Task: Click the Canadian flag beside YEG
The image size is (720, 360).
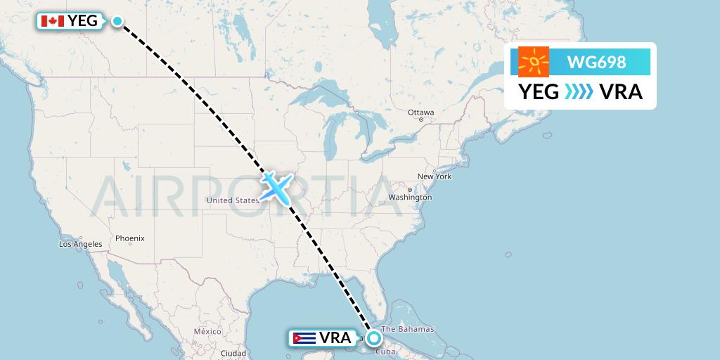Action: [x=50, y=22]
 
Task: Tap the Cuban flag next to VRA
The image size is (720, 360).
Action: [x=304, y=338]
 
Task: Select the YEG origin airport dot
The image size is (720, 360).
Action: [x=117, y=22]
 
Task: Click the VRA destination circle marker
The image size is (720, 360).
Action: [x=374, y=338]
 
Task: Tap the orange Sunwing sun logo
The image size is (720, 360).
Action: [x=534, y=62]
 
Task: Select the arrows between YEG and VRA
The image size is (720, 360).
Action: [x=579, y=92]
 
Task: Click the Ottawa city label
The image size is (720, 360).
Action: [x=420, y=112]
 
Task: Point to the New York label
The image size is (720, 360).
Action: [x=434, y=176]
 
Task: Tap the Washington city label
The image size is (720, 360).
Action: [x=410, y=198]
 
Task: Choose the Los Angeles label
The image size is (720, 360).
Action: [x=81, y=245]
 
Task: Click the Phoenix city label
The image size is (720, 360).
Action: [x=130, y=239]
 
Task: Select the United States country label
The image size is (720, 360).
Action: [x=232, y=201]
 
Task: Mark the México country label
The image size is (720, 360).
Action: [x=207, y=331]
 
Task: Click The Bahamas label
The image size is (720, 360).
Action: [x=407, y=329]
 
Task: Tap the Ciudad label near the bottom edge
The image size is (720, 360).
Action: [x=233, y=353]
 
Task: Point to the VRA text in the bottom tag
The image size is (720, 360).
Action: [x=335, y=338]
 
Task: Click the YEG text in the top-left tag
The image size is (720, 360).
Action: [x=82, y=22]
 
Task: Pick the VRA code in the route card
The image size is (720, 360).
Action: [x=621, y=92]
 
